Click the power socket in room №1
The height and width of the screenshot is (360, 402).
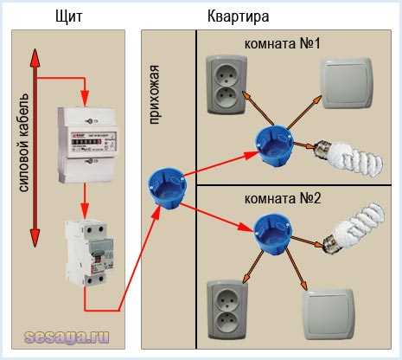pos(226,84)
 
